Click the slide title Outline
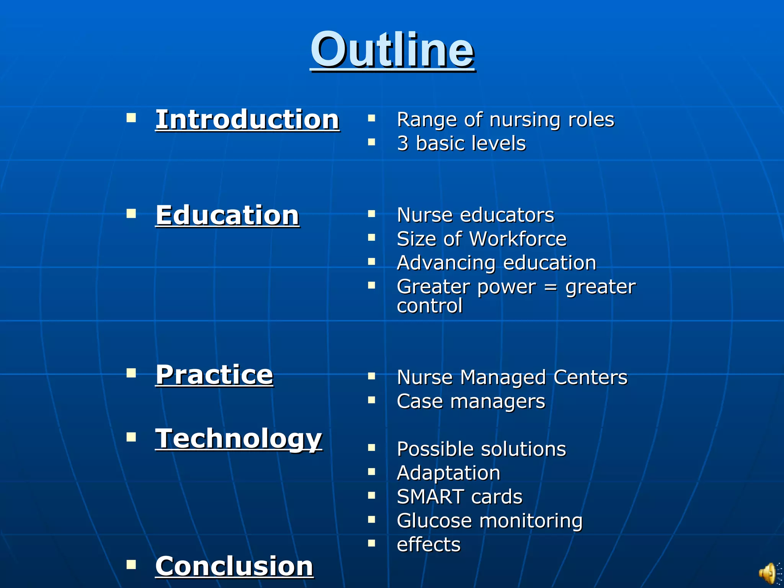tap(392, 50)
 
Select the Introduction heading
tap(247, 120)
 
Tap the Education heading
tap(227, 215)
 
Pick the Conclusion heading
tap(234, 566)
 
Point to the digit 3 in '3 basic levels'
tap(403, 144)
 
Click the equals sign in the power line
tap(550, 287)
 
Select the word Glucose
tap(434, 521)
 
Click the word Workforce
tap(518, 239)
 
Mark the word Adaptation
tap(449, 473)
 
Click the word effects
tap(429, 545)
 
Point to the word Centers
tap(590, 377)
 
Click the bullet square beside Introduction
tap(131, 117)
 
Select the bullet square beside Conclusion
tap(131, 564)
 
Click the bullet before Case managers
tap(371, 400)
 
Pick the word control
tap(430, 306)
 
